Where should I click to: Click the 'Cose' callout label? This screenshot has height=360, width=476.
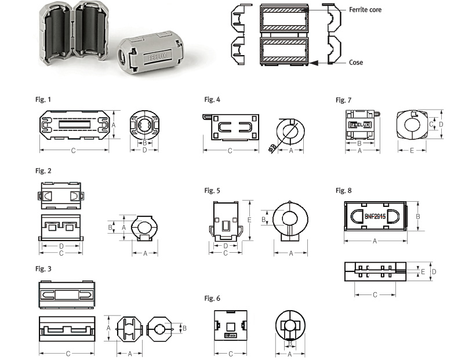click(356, 62)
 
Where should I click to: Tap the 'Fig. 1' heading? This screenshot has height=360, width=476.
click(43, 100)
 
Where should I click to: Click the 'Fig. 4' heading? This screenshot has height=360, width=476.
click(212, 100)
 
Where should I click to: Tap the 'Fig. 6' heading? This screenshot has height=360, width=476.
click(212, 298)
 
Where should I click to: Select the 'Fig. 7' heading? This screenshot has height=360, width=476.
click(344, 100)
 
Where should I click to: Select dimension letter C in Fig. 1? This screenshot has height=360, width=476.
click(73, 151)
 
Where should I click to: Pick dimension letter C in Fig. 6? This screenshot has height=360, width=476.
click(230, 353)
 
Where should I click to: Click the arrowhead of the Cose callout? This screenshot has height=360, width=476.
click(313, 61)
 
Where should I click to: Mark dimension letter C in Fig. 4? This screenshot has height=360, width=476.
click(230, 151)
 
